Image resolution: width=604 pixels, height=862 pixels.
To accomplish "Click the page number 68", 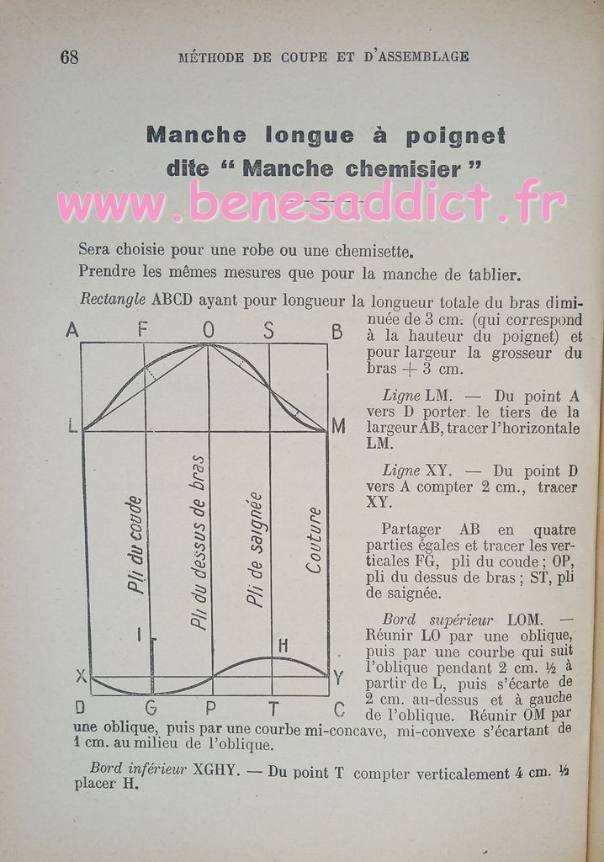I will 69,56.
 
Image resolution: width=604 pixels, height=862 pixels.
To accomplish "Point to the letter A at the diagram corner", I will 72,331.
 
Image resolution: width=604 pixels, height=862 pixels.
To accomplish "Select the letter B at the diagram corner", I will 337,332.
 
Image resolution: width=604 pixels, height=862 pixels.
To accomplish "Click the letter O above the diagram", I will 209,331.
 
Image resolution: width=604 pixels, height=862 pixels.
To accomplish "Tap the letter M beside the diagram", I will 338,427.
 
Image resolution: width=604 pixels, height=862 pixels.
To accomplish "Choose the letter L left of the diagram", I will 72,427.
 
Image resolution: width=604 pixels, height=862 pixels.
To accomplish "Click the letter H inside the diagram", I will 283,645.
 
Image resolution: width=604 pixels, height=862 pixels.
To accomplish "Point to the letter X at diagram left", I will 81,675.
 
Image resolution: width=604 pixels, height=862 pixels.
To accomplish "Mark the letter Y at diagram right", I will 337,678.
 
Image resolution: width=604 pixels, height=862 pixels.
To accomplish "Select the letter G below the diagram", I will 151,708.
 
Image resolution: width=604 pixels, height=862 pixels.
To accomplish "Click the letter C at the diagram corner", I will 338,708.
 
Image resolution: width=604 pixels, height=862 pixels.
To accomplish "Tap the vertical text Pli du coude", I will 135,545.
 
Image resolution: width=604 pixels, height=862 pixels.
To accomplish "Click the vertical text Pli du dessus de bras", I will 199,543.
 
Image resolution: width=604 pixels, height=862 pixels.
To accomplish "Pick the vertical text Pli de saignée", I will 255,549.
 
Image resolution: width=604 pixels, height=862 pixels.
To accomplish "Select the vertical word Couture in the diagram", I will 313,540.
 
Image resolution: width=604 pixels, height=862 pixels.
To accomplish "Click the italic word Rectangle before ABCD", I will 114,299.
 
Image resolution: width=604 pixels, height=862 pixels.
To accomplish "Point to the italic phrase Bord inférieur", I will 137,768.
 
